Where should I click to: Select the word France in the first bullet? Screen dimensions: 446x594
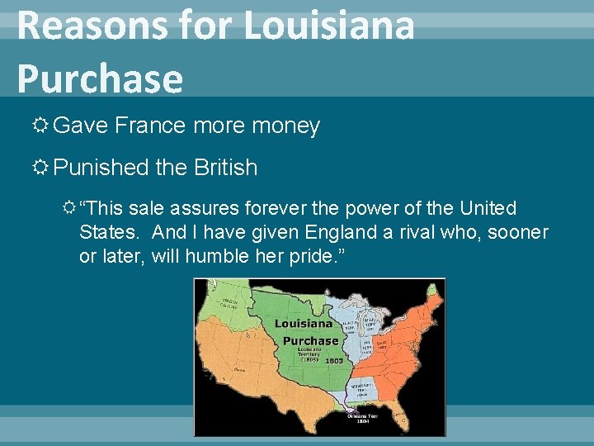(x=149, y=126)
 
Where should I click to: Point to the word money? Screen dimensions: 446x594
(x=285, y=126)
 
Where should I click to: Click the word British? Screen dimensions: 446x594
(x=226, y=168)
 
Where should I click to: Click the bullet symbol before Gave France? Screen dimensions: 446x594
(x=41, y=126)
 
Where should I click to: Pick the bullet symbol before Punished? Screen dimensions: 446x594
(x=41, y=168)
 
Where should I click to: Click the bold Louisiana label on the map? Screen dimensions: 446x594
(x=303, y=325)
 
